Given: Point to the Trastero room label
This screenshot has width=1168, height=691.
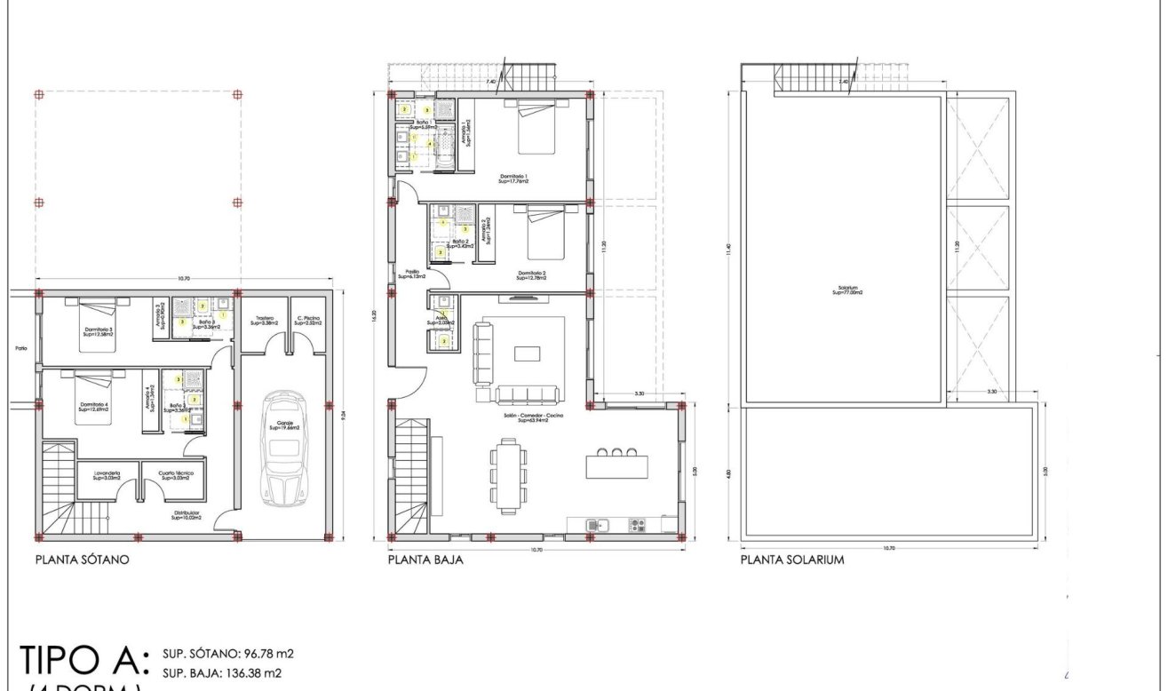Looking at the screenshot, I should (x=264, y=321).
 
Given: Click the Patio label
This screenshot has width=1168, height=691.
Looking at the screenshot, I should (x=20, y=348).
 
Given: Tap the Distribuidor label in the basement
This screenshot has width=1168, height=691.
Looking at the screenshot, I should (x=187, y=515).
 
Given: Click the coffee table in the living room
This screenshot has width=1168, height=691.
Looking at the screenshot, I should (x=527, y=353).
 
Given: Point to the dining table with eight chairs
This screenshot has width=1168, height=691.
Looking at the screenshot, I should (x=508, y=476).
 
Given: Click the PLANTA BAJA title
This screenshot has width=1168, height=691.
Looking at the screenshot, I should (x=425, y=560).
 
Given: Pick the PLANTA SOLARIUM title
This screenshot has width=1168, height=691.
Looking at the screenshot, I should (x=793, y=560).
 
